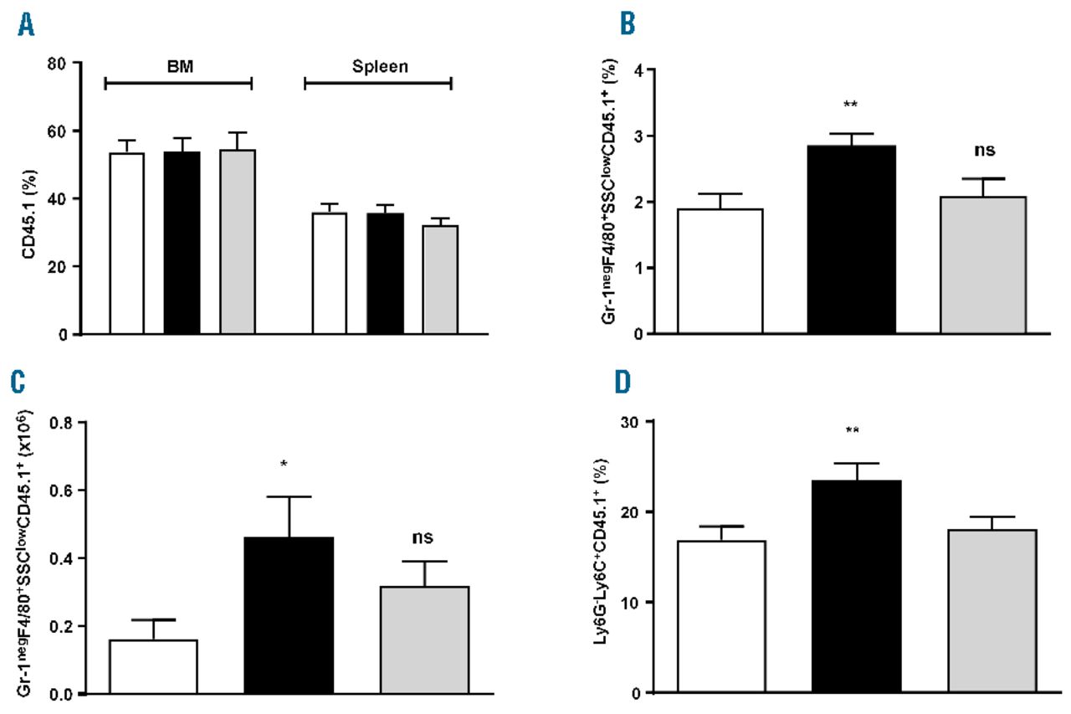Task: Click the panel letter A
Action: coord(28,27)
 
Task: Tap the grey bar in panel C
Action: coord(424,640)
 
